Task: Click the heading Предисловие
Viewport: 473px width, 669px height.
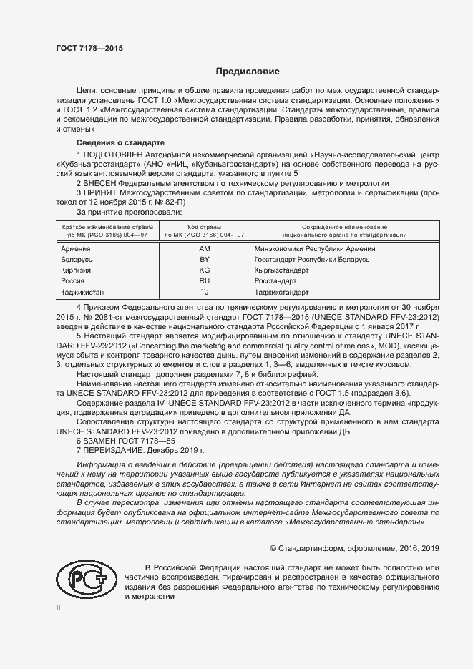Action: pyautogui.click(x=248, y=72)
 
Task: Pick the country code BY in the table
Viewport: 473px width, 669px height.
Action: pyautogui.click(x=204, y=260)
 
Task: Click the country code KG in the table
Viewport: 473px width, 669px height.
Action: pyautogui.click(x=204, y=270)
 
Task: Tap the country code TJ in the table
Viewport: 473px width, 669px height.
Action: pyautogui.click(x=204, y=293)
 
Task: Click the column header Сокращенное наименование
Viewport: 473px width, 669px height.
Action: pyautogui.click(x=344, y=226)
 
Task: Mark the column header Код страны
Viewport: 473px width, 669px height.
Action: pyautogui.click(x=204, y=226)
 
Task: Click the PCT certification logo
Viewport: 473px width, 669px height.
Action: pyautogui.click(x=83, y=580)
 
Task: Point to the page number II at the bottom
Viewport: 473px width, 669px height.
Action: pyautogui.click(x=59, y=608)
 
